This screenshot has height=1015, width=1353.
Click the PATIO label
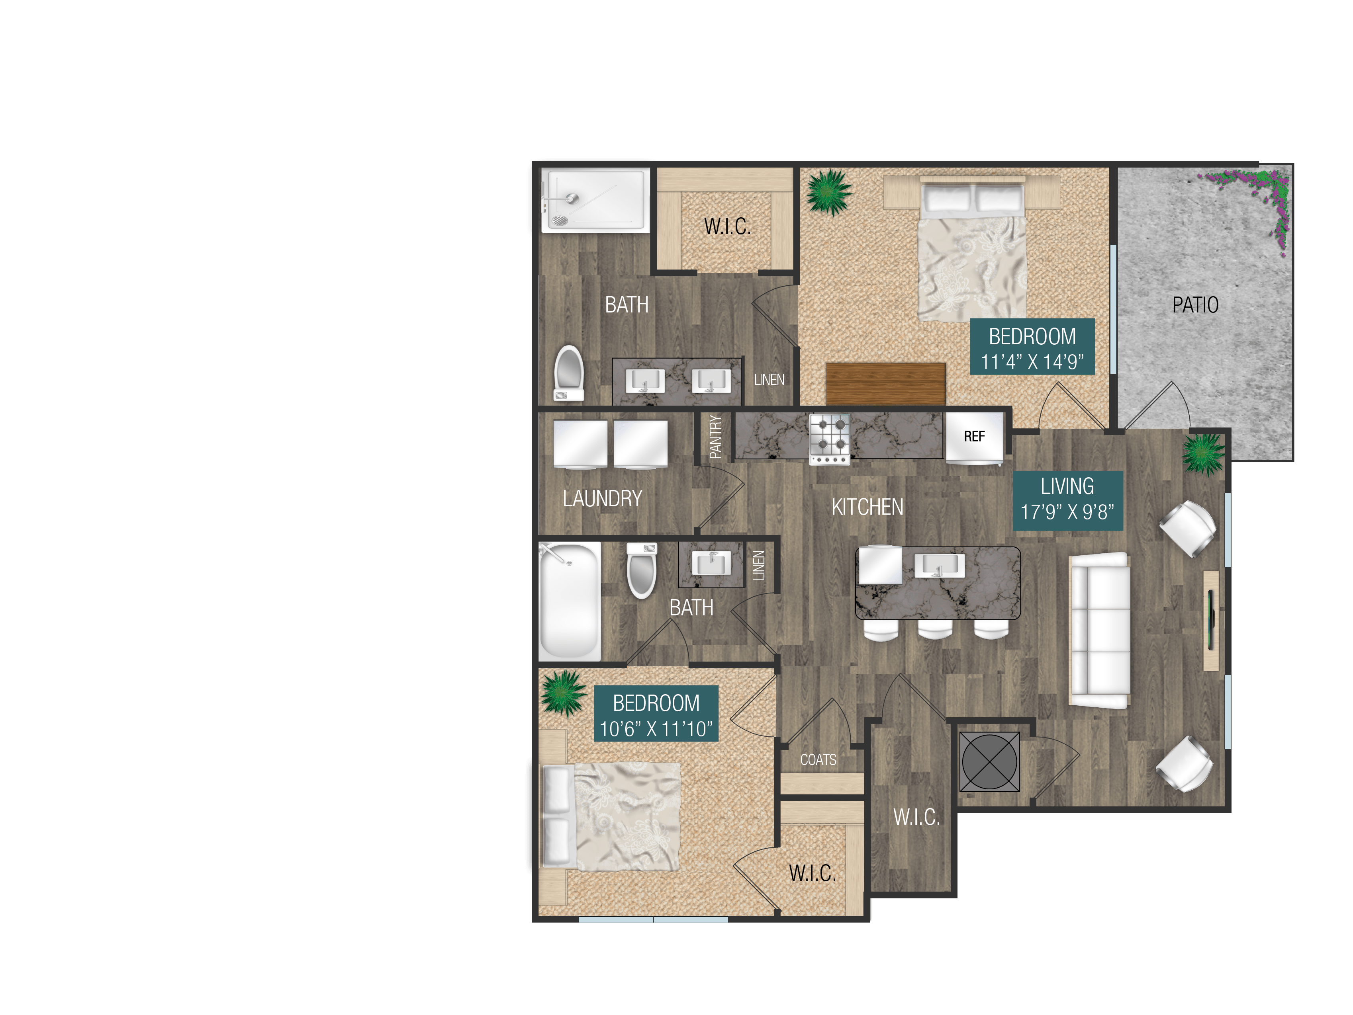(1194, 304)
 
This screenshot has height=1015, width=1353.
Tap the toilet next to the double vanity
(569, 373)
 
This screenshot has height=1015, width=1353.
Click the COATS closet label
(818, 760)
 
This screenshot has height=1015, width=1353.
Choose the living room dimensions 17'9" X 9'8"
(1067, 512)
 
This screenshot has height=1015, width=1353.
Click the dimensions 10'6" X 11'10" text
(656, 729)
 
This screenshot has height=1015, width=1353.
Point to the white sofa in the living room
(1098, 630)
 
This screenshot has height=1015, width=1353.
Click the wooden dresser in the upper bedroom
(885, 383)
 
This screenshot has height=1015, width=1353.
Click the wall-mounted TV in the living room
(1211, 621)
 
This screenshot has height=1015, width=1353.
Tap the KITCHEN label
(867, 507)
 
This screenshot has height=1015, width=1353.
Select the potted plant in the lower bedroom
(562, 692)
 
